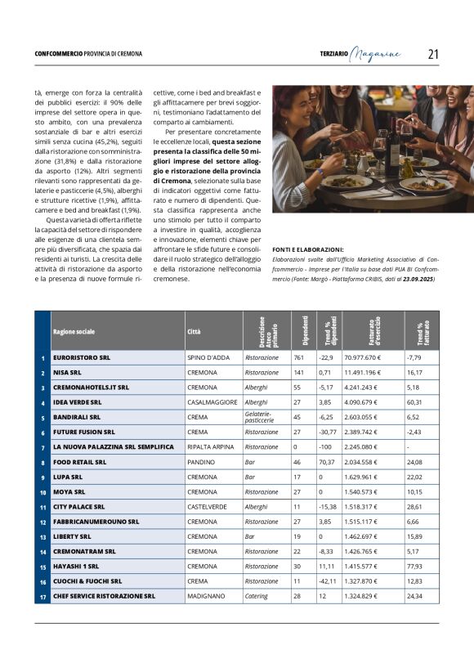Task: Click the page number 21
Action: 433,54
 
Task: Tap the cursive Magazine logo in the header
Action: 375,54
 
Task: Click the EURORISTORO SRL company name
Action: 81,357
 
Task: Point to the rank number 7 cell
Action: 42,447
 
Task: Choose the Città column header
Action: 194,332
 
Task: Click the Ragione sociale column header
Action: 74,332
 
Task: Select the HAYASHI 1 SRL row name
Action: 76,566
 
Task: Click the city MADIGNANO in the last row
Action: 205,596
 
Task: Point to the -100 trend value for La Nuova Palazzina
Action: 325,447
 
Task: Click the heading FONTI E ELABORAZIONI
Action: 308,249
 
